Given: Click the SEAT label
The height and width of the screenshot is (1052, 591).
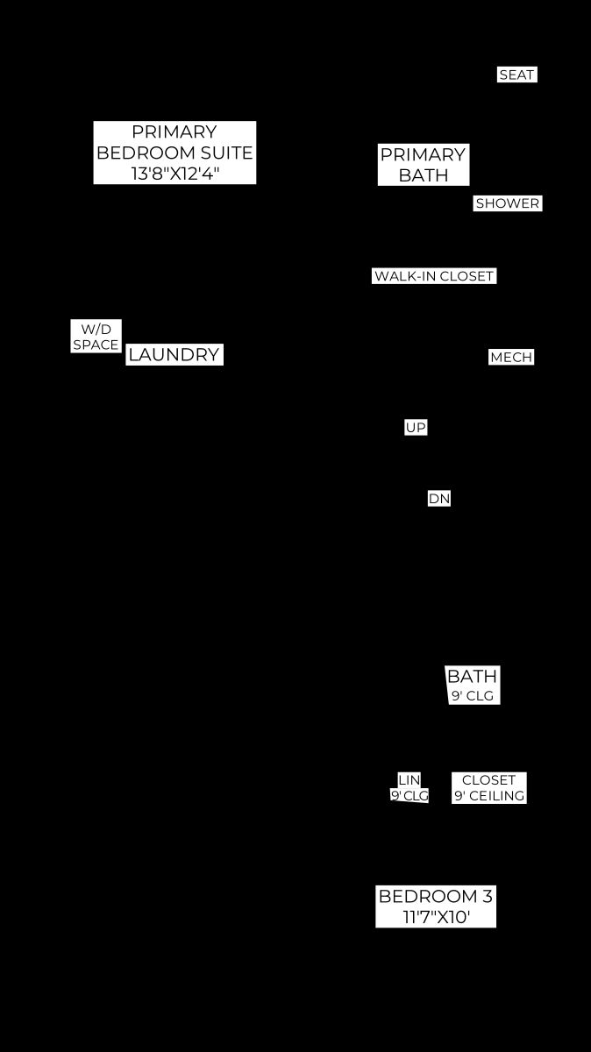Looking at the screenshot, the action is (x=516, y=75).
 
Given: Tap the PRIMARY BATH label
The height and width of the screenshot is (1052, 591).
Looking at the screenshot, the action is (x=423, y=165).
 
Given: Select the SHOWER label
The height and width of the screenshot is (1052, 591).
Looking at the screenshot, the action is (x=508, y=203).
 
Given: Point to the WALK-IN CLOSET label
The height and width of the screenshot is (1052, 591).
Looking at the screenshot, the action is (x=434, y=276).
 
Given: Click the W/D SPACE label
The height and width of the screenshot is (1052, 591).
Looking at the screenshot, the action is (x=96, y=337).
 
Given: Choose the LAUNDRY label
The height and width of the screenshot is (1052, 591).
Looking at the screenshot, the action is (x=174, y=354).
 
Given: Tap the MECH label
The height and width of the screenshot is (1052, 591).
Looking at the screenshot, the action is (x=511, y=358).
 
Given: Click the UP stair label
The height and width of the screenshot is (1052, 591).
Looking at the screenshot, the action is (x=416, y=428).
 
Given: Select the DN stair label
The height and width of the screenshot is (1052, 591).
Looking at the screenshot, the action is (x=439, y=498).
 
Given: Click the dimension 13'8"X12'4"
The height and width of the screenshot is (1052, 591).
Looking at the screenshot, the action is (x=174, y=174).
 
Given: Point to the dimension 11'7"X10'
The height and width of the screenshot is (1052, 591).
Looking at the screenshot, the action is (x=437, y=917).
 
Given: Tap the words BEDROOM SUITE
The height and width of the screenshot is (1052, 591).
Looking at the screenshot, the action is (x=174, y=153).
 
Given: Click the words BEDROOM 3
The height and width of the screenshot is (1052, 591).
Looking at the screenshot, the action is (x=436, y=896).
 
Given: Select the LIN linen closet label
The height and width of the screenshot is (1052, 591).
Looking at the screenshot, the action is (x=409, y=780).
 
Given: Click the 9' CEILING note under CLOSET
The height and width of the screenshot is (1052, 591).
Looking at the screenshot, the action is (x=489, y=796).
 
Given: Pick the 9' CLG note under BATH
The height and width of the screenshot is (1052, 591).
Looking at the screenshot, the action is (x=473, y=695).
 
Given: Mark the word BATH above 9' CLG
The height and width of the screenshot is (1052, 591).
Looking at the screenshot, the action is (x=472, y=676).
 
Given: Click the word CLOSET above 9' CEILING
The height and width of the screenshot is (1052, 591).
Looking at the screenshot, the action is (x=489, y=780).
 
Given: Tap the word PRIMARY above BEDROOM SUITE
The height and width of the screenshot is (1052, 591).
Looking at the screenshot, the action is (x=174, y=132).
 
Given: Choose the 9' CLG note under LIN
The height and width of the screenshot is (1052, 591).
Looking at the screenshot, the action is (x=409, y=796).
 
